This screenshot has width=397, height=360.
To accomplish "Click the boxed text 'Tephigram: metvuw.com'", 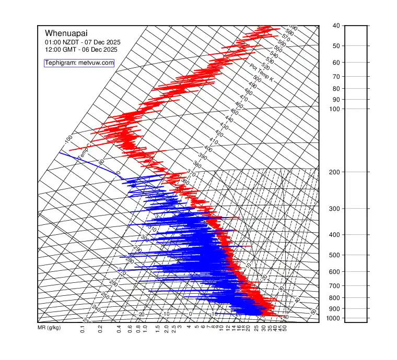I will [x=79, y=63].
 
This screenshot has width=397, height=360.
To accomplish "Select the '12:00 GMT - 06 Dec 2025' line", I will [x=81, y=50].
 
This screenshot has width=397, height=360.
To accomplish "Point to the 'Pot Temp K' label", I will [x=262, y=73].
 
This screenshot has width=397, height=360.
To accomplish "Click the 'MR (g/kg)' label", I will [x=50, y=329].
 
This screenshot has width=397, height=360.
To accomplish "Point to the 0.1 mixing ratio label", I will [x=83, y=329].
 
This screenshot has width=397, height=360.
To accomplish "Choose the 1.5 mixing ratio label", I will [x=158, y=329].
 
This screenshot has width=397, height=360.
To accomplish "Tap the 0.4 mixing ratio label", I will [x=119, y=329].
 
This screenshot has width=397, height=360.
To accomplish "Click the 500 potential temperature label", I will [x=257, y=79].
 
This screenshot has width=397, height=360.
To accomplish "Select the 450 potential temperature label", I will [x=234, y=112].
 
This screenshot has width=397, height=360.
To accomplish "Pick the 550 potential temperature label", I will [x=278, y=49].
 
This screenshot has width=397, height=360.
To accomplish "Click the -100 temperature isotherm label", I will [x=68, y=139].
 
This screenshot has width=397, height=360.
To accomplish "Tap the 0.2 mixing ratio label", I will [x=100, y=329].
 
